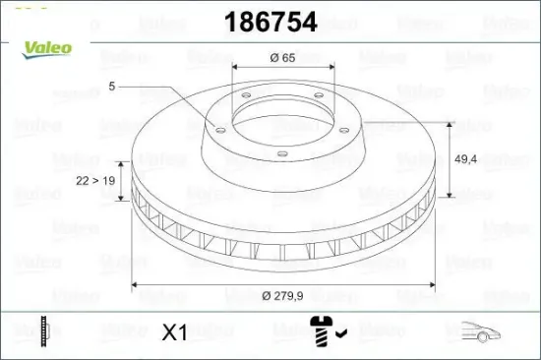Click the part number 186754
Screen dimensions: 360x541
pos(270,23)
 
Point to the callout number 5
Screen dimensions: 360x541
pos(112,86)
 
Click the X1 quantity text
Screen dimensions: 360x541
pos(173,332)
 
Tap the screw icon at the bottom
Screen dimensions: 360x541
pos(321,331)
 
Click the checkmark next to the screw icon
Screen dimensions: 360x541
pos(339,333)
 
